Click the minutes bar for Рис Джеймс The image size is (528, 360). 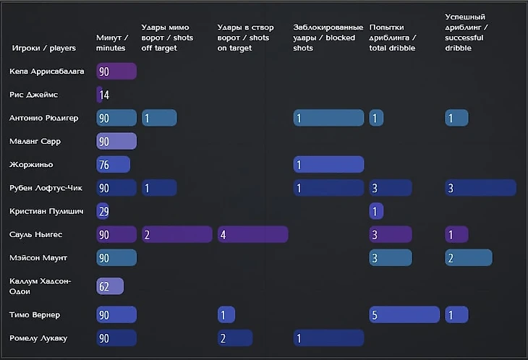tap(100, 95)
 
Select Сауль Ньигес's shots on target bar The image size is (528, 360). tap(252, 234)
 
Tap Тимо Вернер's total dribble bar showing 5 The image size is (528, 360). tap(404, 314)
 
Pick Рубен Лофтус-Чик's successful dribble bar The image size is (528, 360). tap(480, 188)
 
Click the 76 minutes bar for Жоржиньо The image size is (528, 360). tap(113, 165)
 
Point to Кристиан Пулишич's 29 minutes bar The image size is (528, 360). tap(103, 211)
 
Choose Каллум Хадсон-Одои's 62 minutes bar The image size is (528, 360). tap(110, 286)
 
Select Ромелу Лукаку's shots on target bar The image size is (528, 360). tap(235, 338)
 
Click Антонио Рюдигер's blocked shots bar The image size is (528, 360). tap(328, 118)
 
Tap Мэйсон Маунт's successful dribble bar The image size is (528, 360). tap(468, 257)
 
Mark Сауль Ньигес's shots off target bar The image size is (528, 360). tap(177, 234)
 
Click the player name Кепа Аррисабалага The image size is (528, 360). tap(47, 72)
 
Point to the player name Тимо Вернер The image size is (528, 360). tap(35, 314)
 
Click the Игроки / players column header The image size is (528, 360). tap(44, 48)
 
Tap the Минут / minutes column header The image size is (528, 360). tap(112, 43)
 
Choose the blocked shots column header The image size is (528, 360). tap(328, 38)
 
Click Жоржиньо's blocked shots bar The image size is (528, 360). tap(328, 165)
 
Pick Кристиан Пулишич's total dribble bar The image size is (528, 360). tap(376, 211)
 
